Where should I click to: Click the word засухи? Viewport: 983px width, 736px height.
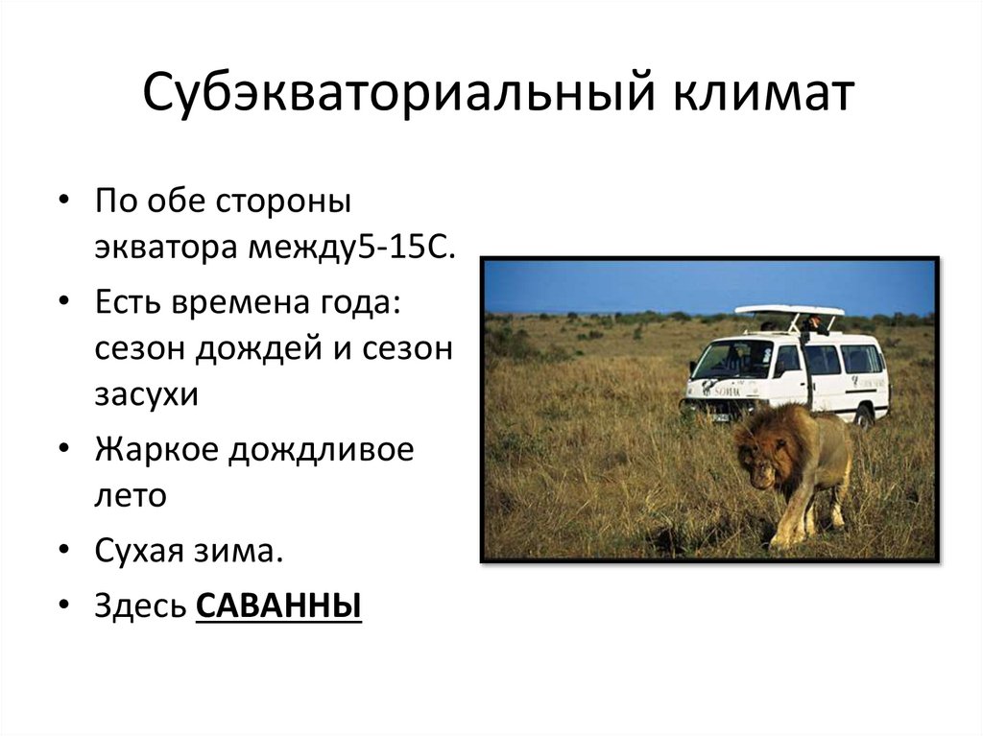pos(145,393)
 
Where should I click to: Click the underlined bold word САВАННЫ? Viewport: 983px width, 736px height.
pos(278,606)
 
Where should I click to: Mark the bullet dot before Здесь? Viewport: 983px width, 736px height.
pos(63,606)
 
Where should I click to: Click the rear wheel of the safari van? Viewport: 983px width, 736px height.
pos(863,415)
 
